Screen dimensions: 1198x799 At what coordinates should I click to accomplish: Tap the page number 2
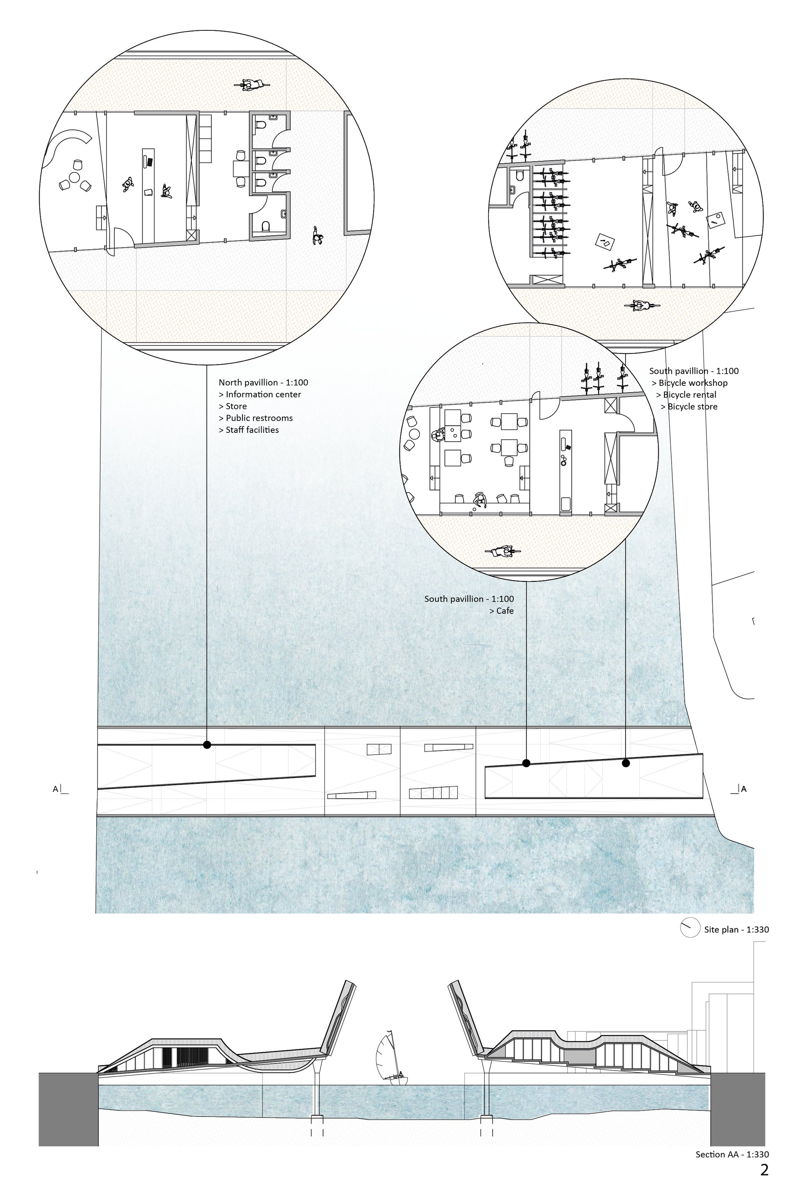(x=764, y=1170)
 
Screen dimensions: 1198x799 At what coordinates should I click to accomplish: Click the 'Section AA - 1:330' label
(x=732, y=1154)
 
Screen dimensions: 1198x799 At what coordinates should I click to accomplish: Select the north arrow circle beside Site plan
(x=690, y=928)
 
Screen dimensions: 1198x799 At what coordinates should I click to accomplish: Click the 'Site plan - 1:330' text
(x=736, y=929)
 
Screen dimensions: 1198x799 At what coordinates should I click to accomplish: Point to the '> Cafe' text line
(x=501, y=611)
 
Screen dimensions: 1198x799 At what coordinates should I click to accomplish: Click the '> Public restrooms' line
(x=256, y=418)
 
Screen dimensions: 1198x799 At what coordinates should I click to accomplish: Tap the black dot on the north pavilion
(x=207, y=745)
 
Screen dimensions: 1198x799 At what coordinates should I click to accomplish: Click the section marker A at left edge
(x=56, y=789)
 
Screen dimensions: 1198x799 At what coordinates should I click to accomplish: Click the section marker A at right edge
(x=743, y=789)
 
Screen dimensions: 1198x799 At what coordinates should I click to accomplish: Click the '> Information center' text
(x=260, y=394)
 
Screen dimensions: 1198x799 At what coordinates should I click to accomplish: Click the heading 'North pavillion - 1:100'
(x=263, y=383)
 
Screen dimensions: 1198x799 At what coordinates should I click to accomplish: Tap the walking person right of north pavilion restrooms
(x=318, y=235)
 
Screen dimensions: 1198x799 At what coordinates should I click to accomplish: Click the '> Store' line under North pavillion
(x=233, y=406)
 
